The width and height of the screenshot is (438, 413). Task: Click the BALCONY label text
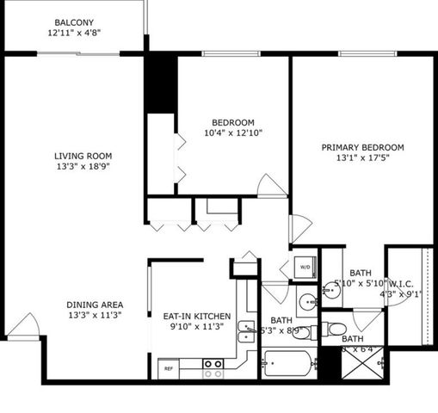[75, 22]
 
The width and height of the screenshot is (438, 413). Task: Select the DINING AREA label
[95, 305]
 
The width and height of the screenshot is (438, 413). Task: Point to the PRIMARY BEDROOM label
[362, 147]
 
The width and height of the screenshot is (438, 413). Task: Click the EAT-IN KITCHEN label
[197, 316]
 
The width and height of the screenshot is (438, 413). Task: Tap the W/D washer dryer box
[305, 268]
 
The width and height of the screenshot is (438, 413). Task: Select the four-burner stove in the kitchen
[213, 368]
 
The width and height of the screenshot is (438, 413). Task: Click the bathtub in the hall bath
[289, 365]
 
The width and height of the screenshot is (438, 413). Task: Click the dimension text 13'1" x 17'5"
[362, 158]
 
